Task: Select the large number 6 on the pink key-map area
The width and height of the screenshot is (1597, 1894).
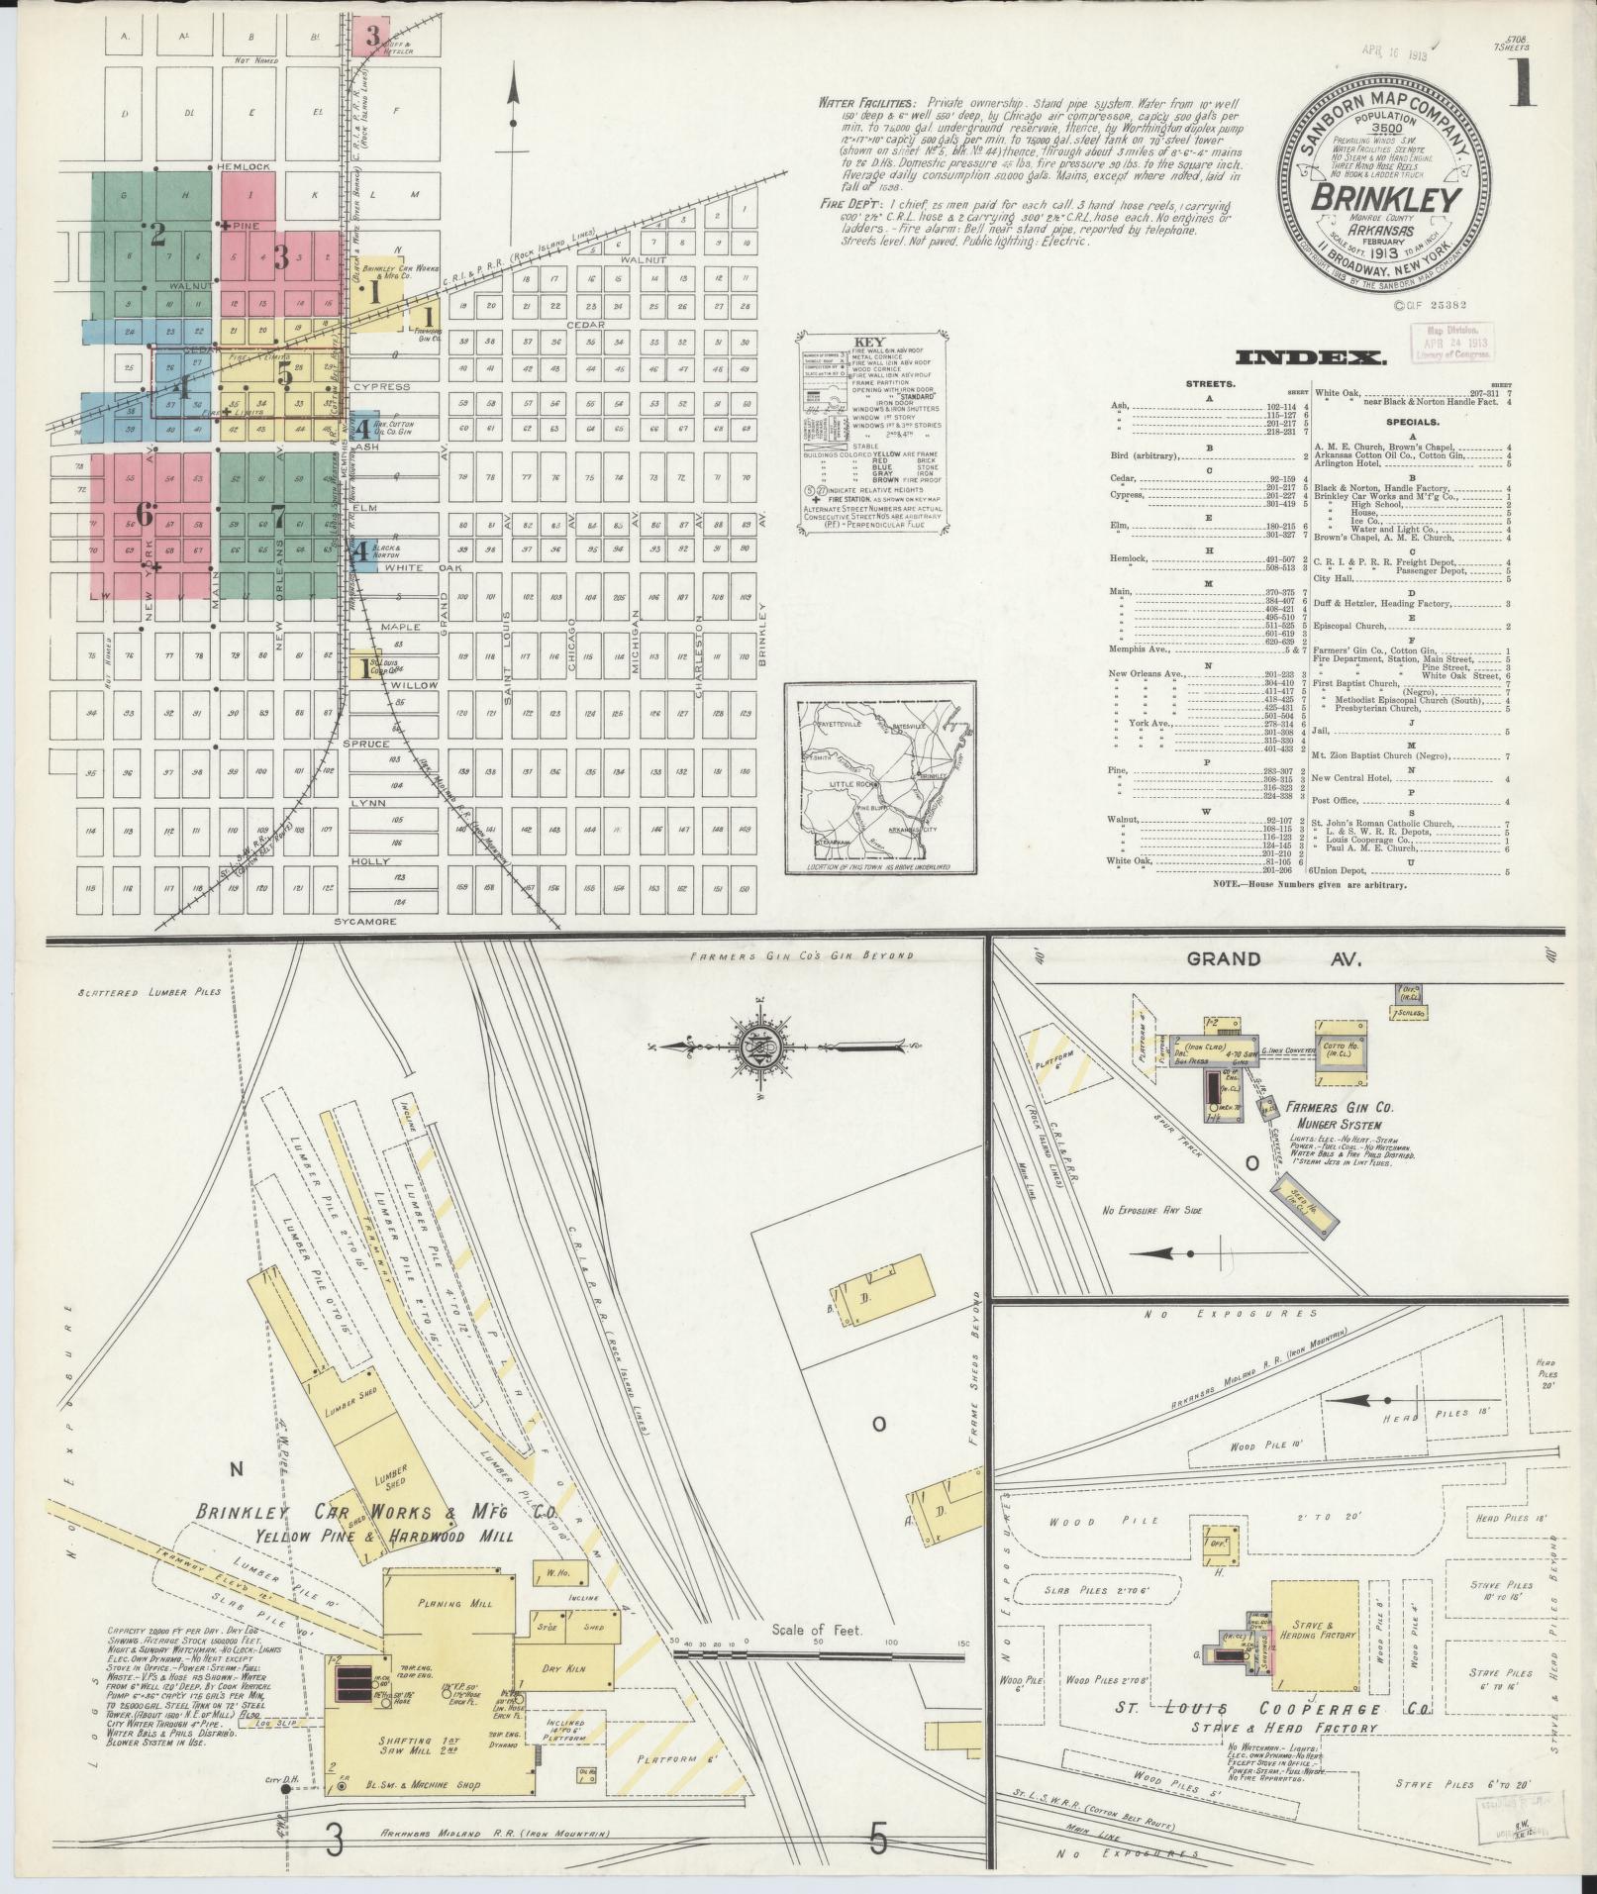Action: point(145,513)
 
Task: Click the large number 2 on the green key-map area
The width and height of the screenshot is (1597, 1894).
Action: point(157,234)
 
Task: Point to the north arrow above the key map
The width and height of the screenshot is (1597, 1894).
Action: point(514,99)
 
